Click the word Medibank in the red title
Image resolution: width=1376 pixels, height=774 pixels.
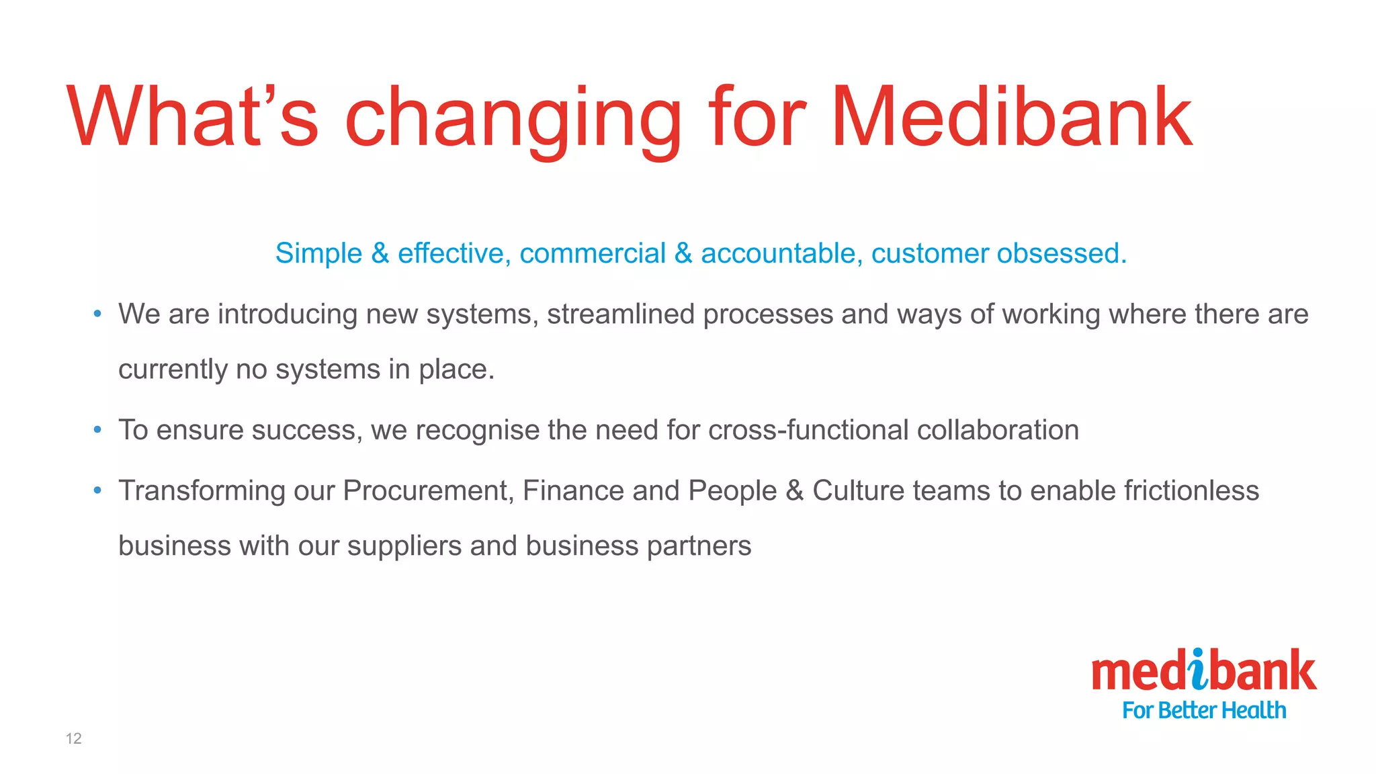pyautogui.click(x=1011, y=117)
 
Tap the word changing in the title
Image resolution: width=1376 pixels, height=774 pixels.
pyautogui.click(x=513, y=120)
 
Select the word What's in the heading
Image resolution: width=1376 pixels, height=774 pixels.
pyautogui.click(x=193, y=117)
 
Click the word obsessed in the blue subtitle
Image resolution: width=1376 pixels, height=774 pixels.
pyautogui.click(x=1062, y=253)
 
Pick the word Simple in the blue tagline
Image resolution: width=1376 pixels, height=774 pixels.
pyautogui.click(x=318, y=254)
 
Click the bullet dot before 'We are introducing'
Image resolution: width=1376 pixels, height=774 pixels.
pyautogui.click(x=97, y=314)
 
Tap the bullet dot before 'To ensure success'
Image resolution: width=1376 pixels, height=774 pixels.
pyautogui.click(x=97, y=429)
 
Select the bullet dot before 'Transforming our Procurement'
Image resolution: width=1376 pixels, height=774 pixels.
pyautogui.click(x=97, y=490)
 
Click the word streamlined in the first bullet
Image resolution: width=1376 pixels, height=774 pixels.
pyautogui.click(x=621, y=314)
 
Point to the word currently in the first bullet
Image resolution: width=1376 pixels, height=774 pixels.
pyautogui.click(x=173, y=370)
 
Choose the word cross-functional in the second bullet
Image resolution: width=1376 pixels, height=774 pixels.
pyautogui.click(x=808, y=430)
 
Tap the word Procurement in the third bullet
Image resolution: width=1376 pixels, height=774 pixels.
pyautogui.click(x=428, y=490)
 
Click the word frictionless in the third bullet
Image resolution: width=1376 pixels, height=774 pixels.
pyautogui.click(x=1191, y=490)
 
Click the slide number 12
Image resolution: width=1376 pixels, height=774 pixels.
pyautogui.click(x=73, y=738)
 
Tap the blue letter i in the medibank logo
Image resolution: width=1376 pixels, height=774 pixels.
pyautogui.click(x=1199, y=670)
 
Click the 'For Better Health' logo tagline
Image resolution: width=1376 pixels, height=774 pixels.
pyautogui.click(x=1204, y=710)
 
